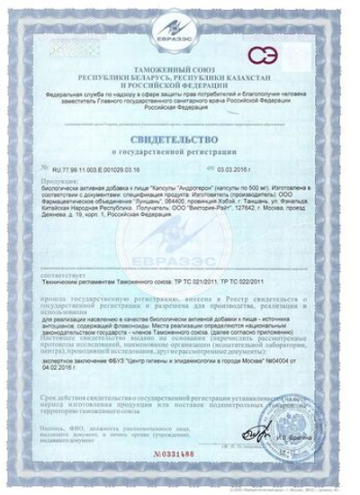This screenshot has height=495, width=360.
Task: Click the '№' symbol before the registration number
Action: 45,167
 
